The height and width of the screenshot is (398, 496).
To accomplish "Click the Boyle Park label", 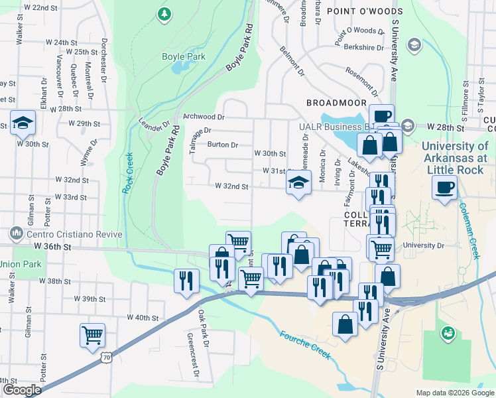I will click(184, 57).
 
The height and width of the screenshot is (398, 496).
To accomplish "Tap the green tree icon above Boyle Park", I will click(164, 13).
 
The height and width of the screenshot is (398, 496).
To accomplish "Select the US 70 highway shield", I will click(105, 357).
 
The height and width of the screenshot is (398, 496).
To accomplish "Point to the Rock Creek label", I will click(127, 173).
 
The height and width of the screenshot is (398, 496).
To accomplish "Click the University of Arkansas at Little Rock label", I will click(454, 158).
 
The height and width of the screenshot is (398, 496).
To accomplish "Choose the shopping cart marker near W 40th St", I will click(92, 334).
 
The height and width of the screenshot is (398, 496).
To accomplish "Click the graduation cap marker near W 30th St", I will click(23, 122).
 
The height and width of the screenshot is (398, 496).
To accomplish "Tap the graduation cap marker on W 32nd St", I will click(299, 182).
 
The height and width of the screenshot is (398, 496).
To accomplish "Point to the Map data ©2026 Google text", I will click(454, 393).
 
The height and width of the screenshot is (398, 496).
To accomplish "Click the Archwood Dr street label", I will click(204, 116).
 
